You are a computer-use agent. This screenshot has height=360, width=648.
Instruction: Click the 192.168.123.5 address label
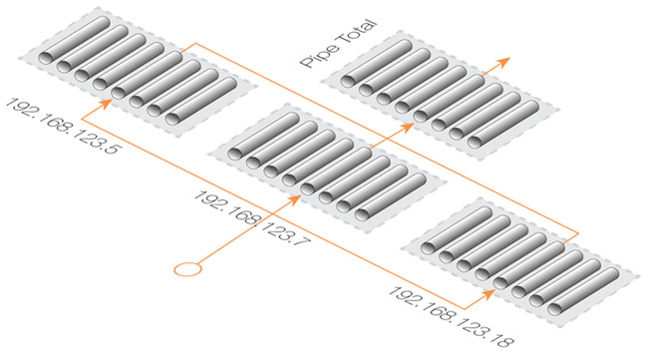62,126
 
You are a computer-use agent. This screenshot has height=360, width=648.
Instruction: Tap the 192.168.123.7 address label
251,218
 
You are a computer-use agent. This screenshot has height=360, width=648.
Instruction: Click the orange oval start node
187,269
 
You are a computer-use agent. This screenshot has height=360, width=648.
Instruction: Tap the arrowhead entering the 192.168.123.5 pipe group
106,104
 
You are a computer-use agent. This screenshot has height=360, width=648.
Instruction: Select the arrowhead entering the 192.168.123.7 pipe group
294,200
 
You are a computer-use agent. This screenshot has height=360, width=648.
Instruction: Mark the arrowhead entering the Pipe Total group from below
407,128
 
